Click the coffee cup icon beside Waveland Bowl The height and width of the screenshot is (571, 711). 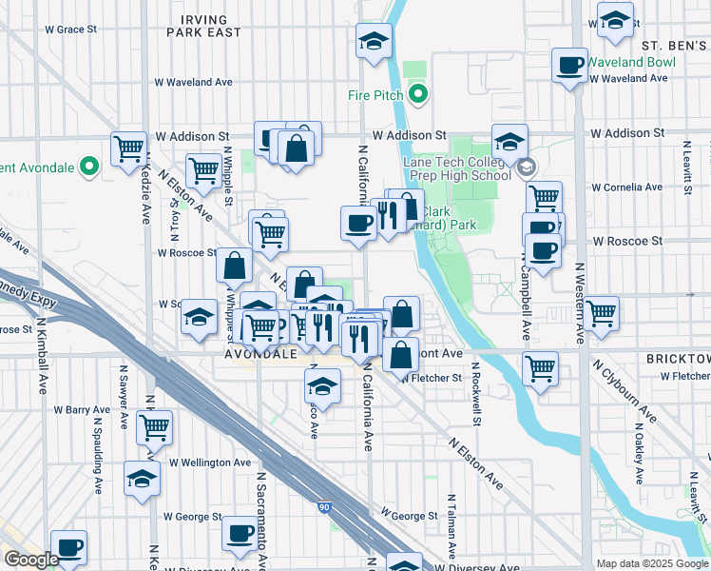click(570, 65)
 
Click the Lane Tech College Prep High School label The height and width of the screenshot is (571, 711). click(456, 168)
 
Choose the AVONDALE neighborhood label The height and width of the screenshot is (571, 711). click(262, 354)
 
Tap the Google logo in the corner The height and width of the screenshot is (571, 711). click(31, 560)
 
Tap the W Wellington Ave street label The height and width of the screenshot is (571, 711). click(210, 463)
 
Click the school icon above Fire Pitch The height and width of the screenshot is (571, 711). click(374, 41)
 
